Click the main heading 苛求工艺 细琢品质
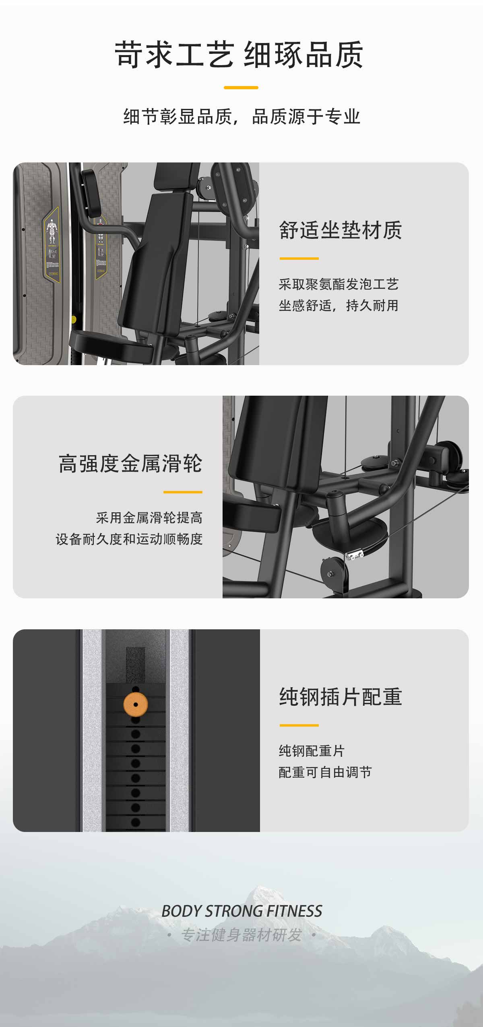click(x=239, y=54)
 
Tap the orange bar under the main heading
click(x=241, y=87)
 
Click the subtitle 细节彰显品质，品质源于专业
click(x=242, y=117)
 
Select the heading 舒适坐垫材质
click(x=341, y=230)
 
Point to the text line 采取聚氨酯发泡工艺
click(x=339, y=284)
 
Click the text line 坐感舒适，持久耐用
click(x=339, y=306)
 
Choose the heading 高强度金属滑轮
click(x=130, y=464)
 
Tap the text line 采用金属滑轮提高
click(x=149, y=518)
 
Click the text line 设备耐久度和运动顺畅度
click(x=129, y=539)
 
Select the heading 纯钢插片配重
click(x=341, y=697)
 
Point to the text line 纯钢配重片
click(x=312, y=751)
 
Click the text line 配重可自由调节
click(x=325, y=772)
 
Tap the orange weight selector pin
click(x=136, y=705)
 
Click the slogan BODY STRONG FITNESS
click(x=242, y=911)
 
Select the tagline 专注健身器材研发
click(x=242, y=935)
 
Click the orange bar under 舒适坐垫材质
click(x=299, y=259)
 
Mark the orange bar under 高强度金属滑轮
click(x=183, y=492)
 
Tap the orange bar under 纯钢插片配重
click(x=299, y=725)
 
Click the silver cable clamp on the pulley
click(x=355, y=555)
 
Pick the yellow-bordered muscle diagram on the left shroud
click(x=51, y=242)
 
